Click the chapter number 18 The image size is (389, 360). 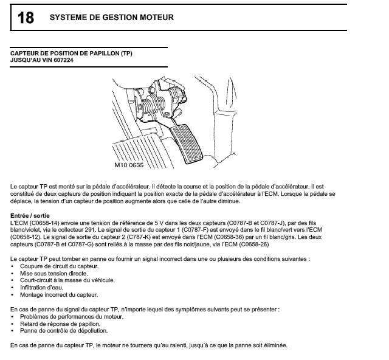pyautogui.click(x=26, y=18)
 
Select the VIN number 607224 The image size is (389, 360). pyautogui.click(x=63, y=60)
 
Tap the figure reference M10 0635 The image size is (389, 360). pyautogui.click(x=129, y=165)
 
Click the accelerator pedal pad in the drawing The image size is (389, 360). pyautogui.click(x=186, y=144)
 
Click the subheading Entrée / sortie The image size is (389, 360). pyautogui.click(x=30, y=216)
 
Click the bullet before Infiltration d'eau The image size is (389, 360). pyautogui.click(x=12, y=288)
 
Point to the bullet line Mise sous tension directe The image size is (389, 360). pyautogui.click(x=54, y=274)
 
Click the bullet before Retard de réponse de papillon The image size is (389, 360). pyautogui.click(x=12, y=324)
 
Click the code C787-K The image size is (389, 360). pyautogui.click(x=140, y=237)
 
